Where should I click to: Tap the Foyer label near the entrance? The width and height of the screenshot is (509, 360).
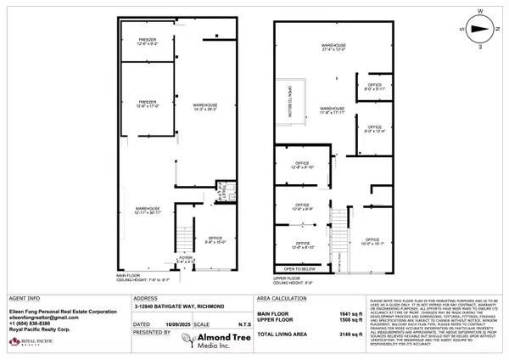tap(186, 260)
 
